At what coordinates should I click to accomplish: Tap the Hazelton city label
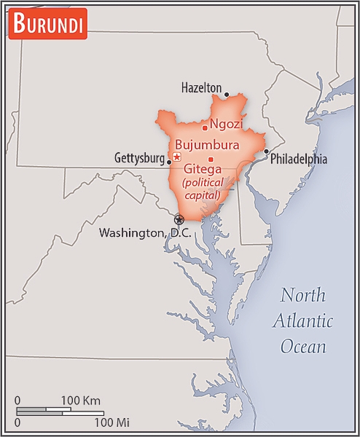tap(201, 88)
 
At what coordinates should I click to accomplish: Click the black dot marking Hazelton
tap(227, 95)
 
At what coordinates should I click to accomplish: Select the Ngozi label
tap(227, 123)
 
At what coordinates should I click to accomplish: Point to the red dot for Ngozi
tap(205, 128)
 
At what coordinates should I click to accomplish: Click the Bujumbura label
tap(208, 143)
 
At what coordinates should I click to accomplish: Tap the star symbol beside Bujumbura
tap(177, 157)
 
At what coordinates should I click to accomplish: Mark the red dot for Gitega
tap(211, 160)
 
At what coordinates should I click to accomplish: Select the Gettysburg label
tap(139, 158)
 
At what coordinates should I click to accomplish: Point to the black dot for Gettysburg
tap(169, 162)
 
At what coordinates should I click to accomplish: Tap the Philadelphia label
tap(299, 160)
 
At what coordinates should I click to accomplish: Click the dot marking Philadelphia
tap(267, 151)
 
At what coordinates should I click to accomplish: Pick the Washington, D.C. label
tap(144, 233)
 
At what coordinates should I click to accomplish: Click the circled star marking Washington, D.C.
tap(179, 219)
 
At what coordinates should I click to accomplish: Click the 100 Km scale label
tap(80, 401)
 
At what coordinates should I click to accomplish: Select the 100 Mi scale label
tap(112, 422)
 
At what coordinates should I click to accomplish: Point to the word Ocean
tap(303, 347)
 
